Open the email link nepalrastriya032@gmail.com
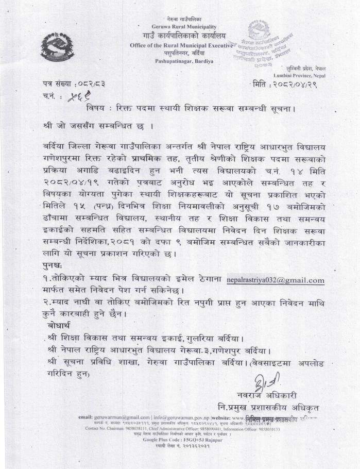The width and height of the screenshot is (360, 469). [x=275, y=280]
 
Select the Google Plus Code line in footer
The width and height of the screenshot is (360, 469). [x=178, y=440]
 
